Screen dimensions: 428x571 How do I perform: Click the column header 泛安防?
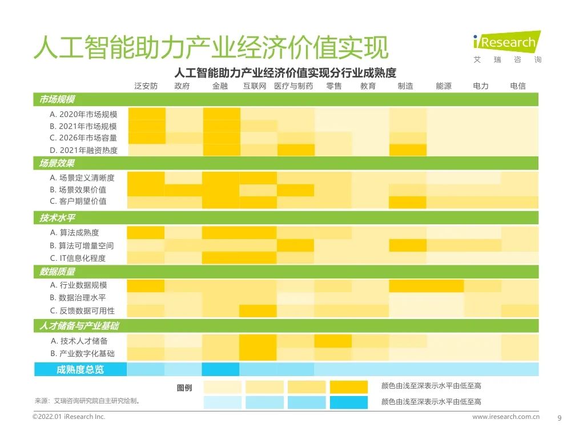146,86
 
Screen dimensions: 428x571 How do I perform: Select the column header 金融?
220,86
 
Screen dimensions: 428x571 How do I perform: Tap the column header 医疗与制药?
293,86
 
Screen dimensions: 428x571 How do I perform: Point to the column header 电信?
518,86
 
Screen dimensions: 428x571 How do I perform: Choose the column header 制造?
405,86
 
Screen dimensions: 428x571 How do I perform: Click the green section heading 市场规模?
57,100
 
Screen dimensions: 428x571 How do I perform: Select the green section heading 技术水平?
57,218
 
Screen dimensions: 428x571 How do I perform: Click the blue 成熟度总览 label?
80,369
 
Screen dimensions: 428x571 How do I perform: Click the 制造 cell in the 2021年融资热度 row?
408,150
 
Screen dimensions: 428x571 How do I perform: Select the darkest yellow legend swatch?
349,387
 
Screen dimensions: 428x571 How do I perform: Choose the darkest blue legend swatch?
349,402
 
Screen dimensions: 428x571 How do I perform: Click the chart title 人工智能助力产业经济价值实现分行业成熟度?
285,72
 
